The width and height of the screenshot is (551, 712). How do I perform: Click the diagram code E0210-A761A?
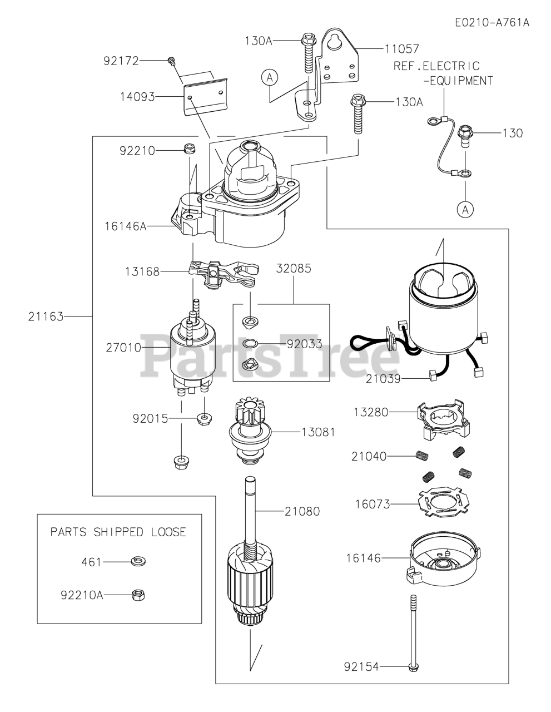tap(492, 22)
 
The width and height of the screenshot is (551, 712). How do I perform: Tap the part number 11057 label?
tap(401, 49)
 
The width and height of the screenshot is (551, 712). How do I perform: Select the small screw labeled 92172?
tap(171, 61)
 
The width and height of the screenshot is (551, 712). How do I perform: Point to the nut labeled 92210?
tap(189, 150)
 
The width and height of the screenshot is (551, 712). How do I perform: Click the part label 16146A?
tap(126, 226)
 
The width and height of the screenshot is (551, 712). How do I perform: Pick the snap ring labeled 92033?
tap(250, 343)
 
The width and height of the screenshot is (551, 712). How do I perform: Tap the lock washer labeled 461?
tap(138, 561)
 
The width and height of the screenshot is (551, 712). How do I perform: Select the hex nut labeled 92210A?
tap(138, 595)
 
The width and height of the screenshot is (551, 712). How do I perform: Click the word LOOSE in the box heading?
tap(168, 531)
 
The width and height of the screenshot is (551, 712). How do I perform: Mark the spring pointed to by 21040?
tap(422, 456)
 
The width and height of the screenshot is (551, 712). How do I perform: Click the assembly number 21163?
tap(46, 317)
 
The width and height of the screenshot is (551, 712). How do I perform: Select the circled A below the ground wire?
tap(465, 209)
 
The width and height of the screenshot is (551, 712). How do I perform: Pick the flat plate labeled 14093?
tap(205, 96)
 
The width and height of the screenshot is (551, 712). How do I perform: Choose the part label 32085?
tap(294, 268)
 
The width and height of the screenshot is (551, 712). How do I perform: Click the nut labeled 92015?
tap(204, 418)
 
